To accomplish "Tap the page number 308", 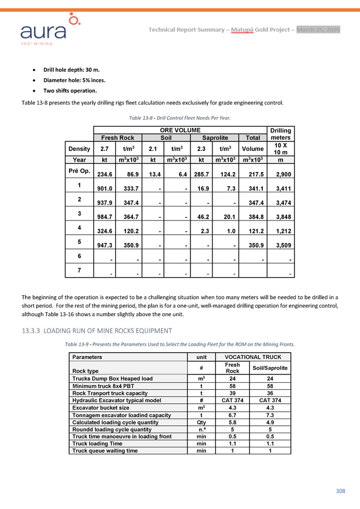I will coord(340,491).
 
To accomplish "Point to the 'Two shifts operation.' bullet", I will coord(70,90).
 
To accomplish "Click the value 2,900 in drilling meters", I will coord(282,176).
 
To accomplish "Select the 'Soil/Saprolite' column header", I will coord(270,368).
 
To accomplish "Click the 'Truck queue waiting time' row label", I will coord(105,451).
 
